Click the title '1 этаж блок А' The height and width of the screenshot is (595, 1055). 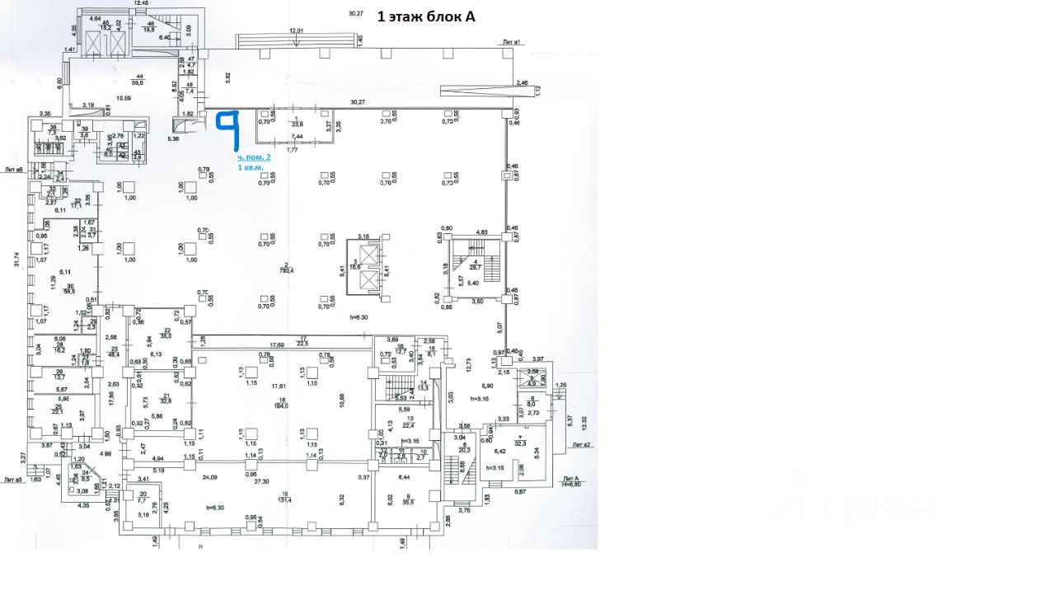click(x=426, y=16)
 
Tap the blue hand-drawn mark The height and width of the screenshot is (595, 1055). click(x=227, y=130)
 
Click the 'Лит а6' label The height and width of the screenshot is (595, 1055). click(x=14, y=170)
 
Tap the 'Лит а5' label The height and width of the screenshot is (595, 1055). click(x=13, y=479)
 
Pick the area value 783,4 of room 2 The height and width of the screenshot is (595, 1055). click(x=286, y=269)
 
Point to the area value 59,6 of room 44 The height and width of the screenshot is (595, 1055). click(x=137, y=82)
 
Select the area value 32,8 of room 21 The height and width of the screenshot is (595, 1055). click(x=165, y=401)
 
